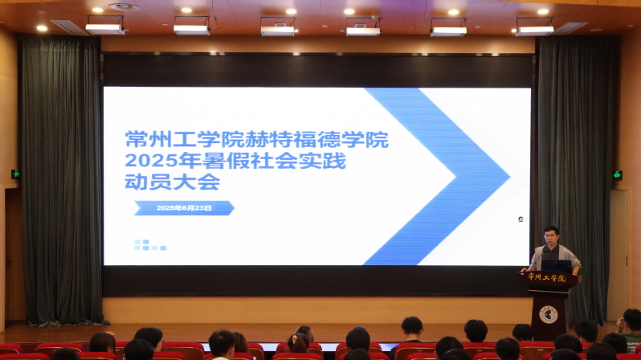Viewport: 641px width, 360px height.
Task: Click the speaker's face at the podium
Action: [552, 235]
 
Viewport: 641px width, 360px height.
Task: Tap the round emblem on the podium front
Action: [548, 314]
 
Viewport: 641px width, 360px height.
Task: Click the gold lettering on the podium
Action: [547, 277]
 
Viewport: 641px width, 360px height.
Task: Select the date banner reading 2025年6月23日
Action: [184, 208]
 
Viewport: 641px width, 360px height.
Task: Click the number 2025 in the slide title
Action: [145, 161]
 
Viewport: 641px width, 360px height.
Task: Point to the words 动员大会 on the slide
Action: [172, 182]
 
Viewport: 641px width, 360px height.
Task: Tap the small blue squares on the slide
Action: [149, 245]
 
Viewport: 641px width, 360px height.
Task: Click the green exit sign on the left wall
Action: [15, 174]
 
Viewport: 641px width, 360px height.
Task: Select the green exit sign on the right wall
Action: [617, 175]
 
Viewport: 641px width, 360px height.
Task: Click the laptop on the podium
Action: [556, 266]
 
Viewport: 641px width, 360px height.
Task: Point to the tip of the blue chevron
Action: [509, 177]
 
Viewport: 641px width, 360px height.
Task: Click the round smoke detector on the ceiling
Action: [125, 7]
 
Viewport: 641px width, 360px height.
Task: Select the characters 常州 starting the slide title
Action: [149, 140]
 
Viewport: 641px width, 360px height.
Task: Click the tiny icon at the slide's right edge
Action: [521, 219]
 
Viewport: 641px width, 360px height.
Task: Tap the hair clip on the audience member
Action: [294, 339]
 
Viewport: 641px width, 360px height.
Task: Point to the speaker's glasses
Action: [551, 235]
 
